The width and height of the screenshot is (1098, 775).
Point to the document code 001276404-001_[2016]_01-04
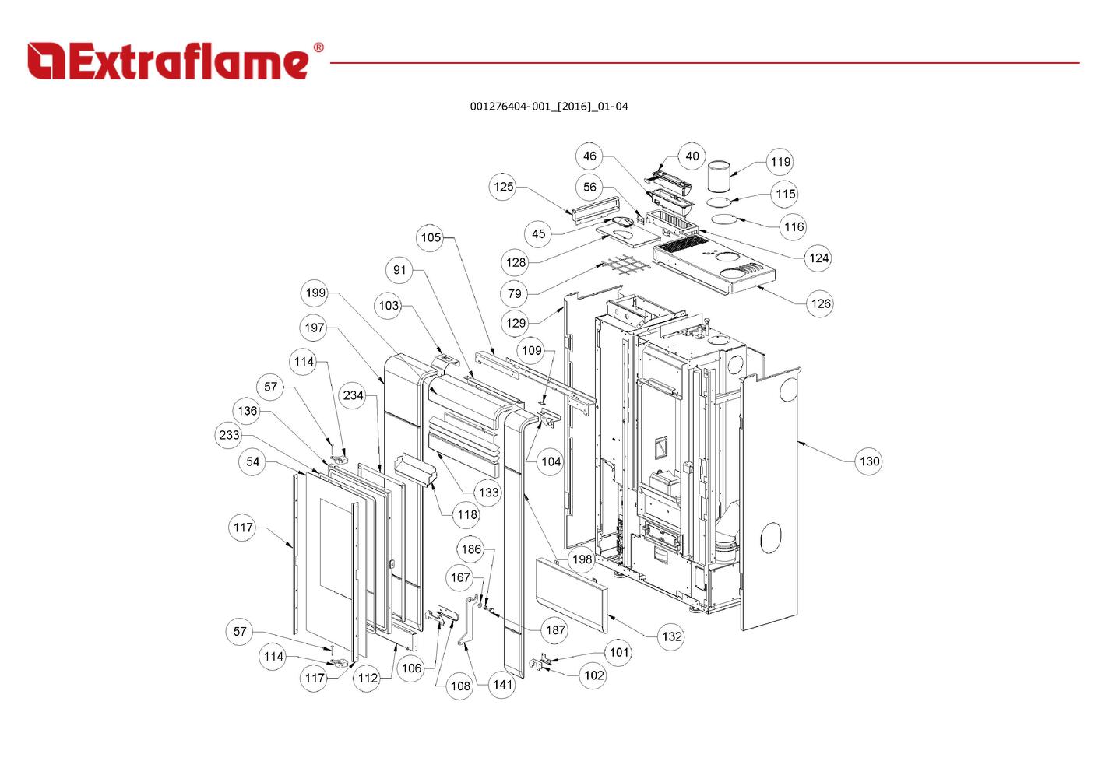click(x=548, y=107)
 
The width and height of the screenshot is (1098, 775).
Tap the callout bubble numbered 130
click(x=869, y=461)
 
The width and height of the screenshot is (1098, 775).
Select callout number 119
click(x=780, y=162)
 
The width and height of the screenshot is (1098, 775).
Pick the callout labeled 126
click(x=821, y=303)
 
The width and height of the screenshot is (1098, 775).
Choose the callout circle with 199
click(x=315, y=293)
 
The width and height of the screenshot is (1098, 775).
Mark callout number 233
click(x=229, y=435)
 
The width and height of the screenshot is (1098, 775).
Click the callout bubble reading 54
click(x=252, y=461)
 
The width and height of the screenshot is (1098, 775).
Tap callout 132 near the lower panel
click(x=671, y=636)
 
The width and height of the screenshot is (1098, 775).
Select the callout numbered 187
click(x=555, y=630)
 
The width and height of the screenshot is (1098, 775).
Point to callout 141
click(x=502, y=685)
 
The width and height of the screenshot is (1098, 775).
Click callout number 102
click(x=593, y=675)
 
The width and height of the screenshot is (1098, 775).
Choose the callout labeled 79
click(x=514, y=293)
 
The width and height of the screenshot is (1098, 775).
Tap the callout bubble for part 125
click(x=504, y=187)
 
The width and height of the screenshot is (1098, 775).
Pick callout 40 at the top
click(x=692, y=156)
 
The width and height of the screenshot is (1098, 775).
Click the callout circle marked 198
click(x=581, y=559)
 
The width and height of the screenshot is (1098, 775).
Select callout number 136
click(x=247, y=411)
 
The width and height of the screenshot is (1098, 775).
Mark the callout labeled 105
click(x=431, y=237)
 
